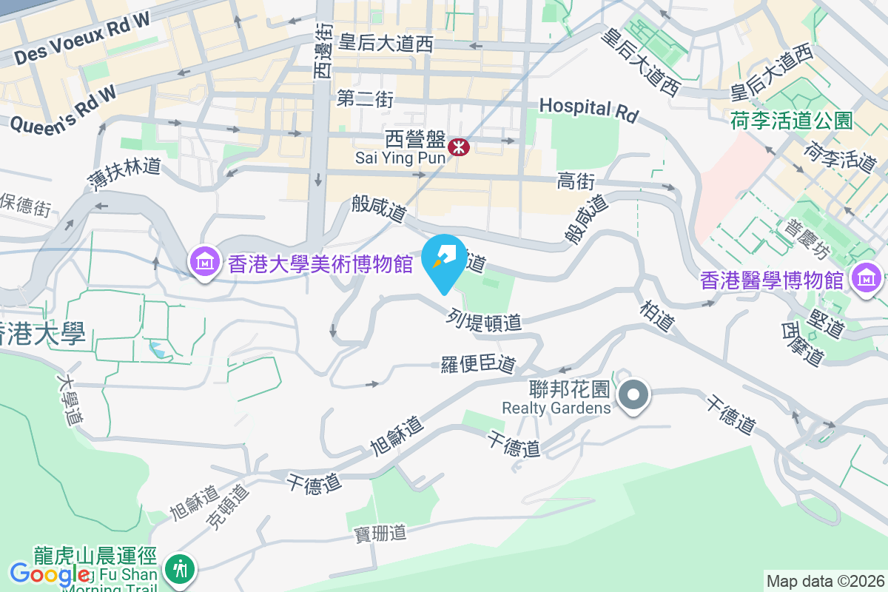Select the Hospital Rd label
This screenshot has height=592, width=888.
point(588,108)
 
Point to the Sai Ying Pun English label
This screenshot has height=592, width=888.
point(400,158)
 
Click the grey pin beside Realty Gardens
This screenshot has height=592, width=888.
point(633,396)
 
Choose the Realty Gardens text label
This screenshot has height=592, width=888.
point(556,408)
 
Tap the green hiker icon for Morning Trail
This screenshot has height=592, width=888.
point(180,568)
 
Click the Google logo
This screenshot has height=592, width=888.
point(50,573)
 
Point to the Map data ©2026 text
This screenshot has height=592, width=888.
point(825,581)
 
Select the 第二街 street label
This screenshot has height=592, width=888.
point(365,98)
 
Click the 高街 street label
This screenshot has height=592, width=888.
point(576,181)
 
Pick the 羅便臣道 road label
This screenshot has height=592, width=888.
point(478,363)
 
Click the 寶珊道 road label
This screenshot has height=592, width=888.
point(381,532)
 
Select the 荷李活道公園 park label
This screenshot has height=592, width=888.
point(792,120)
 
